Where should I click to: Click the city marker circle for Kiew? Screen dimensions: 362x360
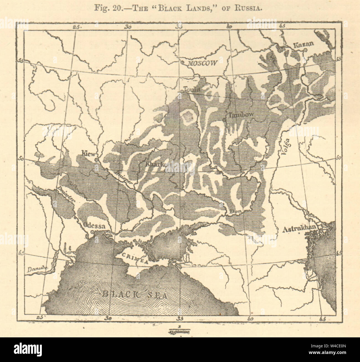tap(96, 160)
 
